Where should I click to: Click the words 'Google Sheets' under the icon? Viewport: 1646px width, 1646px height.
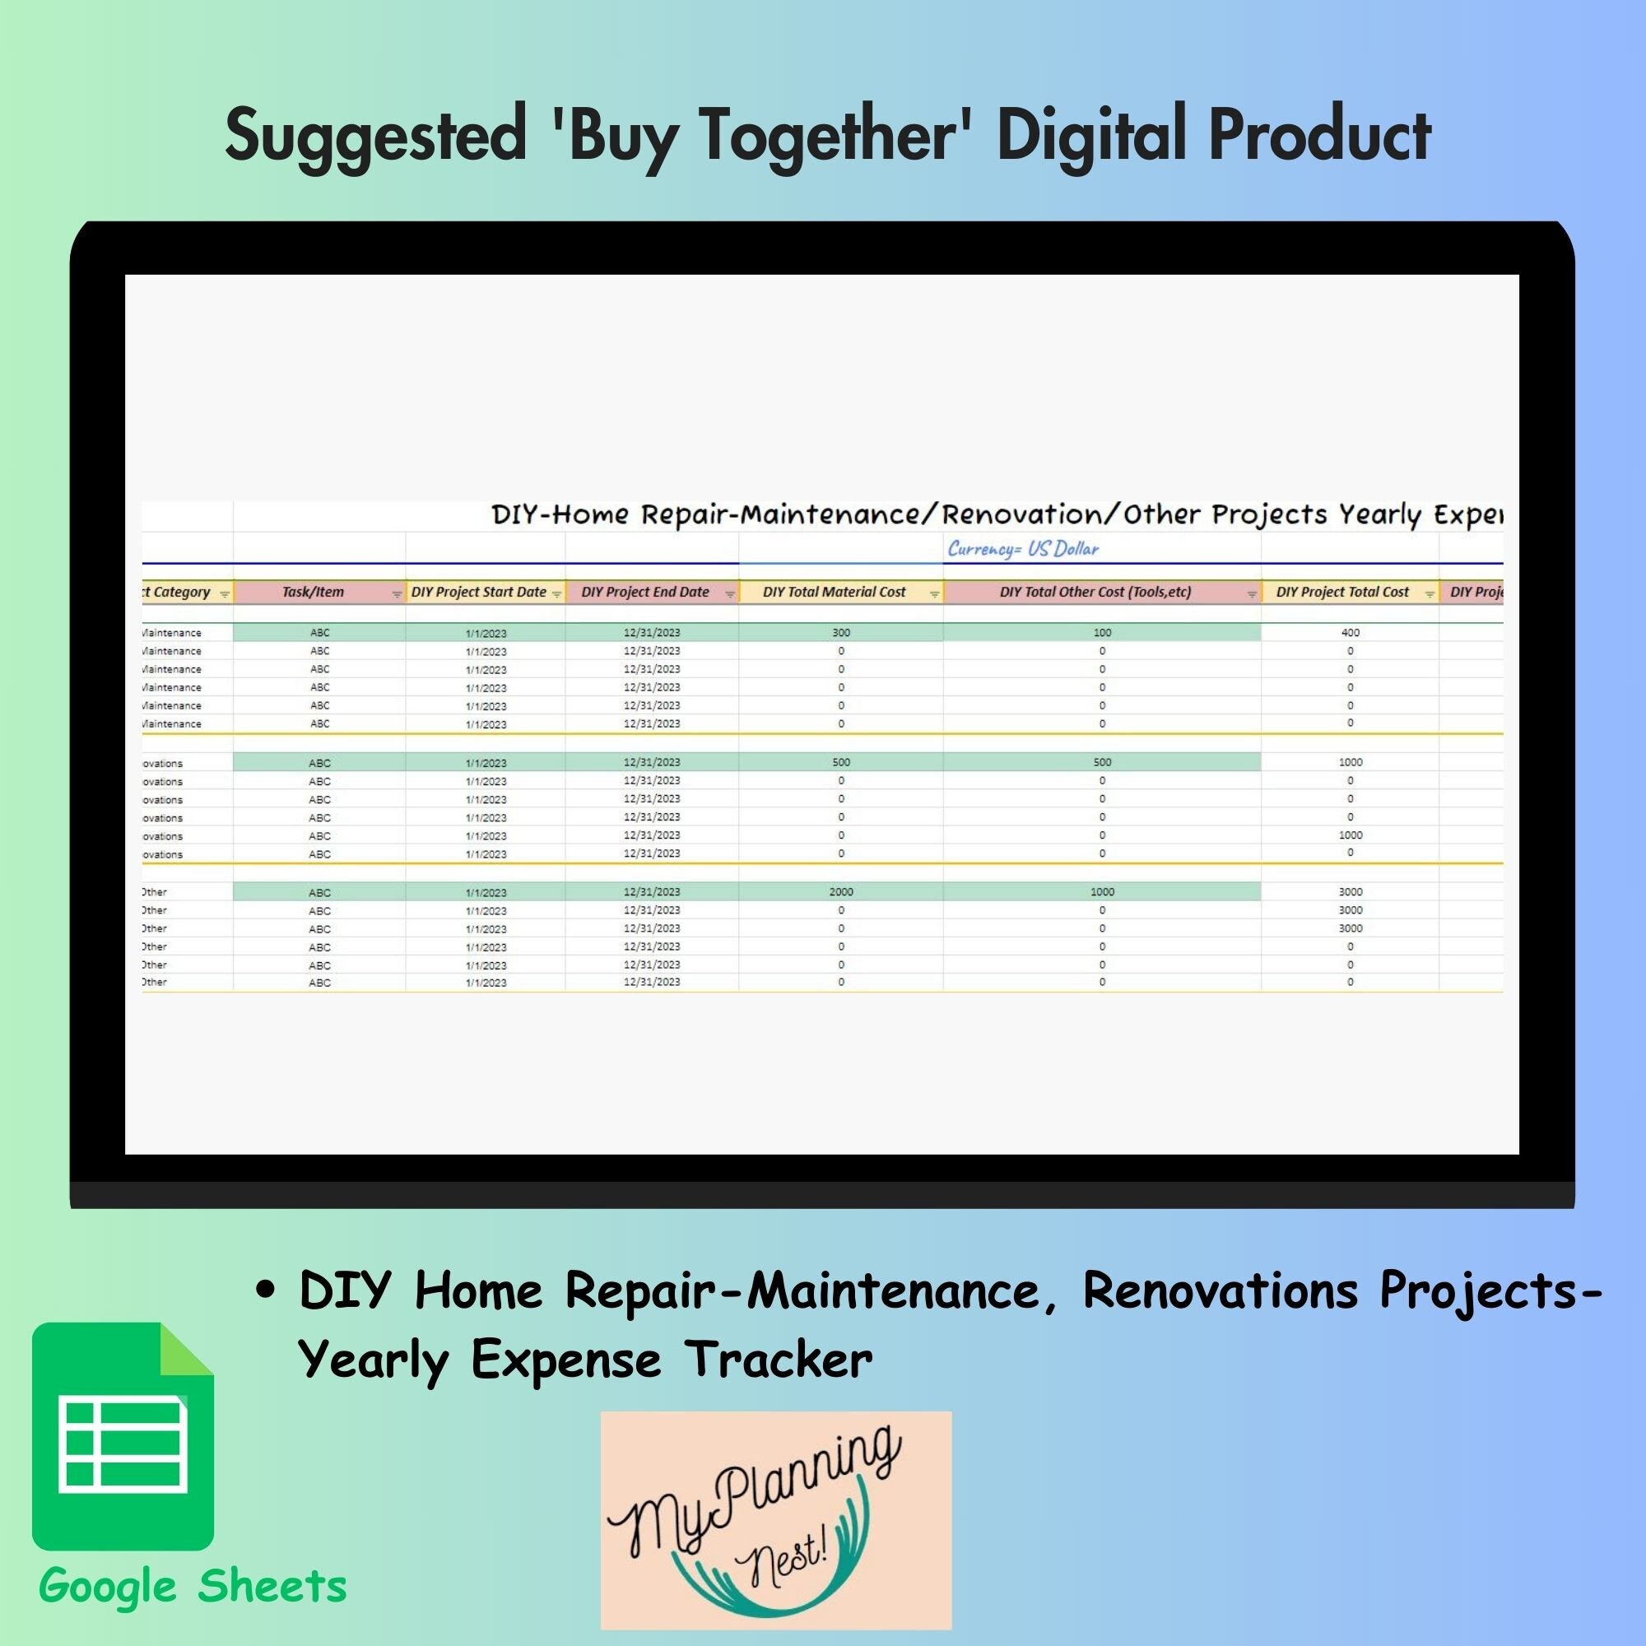click(193, 1587)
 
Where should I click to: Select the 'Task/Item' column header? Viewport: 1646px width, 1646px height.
click(313, 592)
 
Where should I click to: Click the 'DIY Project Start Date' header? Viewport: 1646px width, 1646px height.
click(478, 592)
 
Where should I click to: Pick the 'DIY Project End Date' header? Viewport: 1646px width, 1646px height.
click(645, 592)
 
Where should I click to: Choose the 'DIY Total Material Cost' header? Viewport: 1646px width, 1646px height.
click(834, 592)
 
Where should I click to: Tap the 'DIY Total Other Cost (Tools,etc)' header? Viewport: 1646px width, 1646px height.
click(1095, 592)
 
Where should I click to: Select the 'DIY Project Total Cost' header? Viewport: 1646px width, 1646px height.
click(1341, 592)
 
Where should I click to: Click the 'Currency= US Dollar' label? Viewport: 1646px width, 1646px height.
click(1023, 549)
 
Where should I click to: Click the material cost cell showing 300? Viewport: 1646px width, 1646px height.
click(841, 632)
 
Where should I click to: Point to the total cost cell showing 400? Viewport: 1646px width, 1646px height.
click(1350, 632)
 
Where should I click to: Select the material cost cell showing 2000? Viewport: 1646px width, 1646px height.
click(841, 891)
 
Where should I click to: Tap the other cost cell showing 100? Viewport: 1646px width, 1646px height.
click(1102, 632)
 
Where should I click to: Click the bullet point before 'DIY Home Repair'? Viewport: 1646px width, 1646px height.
click(266, 1290)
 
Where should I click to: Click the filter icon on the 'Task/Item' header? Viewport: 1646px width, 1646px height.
click(396, 594)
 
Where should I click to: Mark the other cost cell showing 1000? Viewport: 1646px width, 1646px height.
click(1102, 891)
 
